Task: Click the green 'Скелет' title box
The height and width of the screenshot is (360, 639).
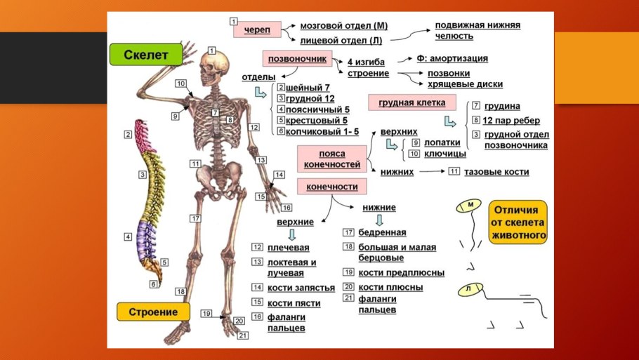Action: point(145,55)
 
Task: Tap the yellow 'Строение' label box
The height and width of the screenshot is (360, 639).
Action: point(152,311)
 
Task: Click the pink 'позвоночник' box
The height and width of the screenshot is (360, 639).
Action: point(296,59)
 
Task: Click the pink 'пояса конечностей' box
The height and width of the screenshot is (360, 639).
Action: point(331,159)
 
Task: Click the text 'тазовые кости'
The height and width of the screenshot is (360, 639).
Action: point(496,172)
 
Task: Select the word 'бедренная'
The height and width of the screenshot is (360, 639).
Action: point(382,232)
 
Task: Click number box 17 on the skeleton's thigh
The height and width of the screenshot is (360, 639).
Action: point(195,219)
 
